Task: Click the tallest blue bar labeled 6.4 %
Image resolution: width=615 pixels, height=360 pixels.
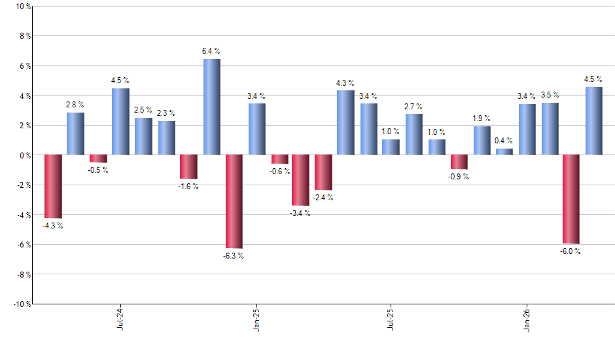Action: coord(211,107)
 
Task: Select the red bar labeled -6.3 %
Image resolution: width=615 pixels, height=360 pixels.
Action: coord(234,202)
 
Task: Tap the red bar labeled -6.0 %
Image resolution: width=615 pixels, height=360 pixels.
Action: coord(571,200)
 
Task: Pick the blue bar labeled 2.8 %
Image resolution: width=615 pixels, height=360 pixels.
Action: coord(75,134)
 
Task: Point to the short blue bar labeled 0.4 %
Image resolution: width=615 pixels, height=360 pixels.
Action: coord(504,152)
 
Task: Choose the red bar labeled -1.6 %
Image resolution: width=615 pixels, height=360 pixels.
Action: coord(188,167)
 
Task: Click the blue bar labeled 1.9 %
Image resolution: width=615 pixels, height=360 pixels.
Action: coord(482,141)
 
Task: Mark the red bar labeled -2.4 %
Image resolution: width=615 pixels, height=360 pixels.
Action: coord(323,173)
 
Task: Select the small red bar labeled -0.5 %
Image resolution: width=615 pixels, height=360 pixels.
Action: coord(98,158)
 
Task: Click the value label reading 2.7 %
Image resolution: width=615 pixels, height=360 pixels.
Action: coord(413,107)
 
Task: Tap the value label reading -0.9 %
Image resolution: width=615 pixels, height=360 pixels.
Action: coord(459,177)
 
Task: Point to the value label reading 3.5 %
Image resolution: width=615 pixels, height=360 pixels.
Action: coord(550,96)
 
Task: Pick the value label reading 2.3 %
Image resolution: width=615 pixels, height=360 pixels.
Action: coord(166,113)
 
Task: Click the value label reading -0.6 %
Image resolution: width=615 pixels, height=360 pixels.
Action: coord(279,171)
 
